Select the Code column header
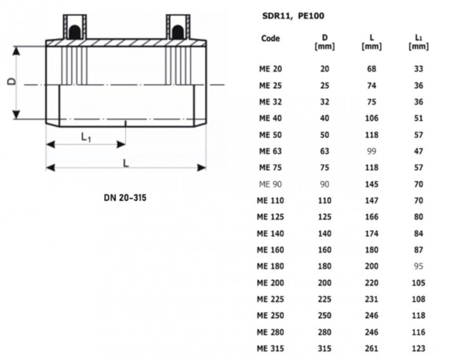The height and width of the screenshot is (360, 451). pos(270,38)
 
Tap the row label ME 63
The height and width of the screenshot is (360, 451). pos(269,151)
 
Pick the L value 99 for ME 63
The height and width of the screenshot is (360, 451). pos(370,151)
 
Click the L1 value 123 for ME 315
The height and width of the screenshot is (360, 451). pos(418,348)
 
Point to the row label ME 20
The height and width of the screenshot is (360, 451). pos(269,68)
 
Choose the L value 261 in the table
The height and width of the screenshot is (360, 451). pos(370,348)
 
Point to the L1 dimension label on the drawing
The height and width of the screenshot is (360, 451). pos(86,137)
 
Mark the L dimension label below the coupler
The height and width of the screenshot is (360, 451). pos(126,163)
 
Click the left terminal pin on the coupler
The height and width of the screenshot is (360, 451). pos(75,26)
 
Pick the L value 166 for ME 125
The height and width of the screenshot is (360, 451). pos(370,216)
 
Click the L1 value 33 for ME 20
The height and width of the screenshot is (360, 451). pos(418,68)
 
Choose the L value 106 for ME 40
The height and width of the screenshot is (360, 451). pos(370,118)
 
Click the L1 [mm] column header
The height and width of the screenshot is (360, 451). pos(418,42)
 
